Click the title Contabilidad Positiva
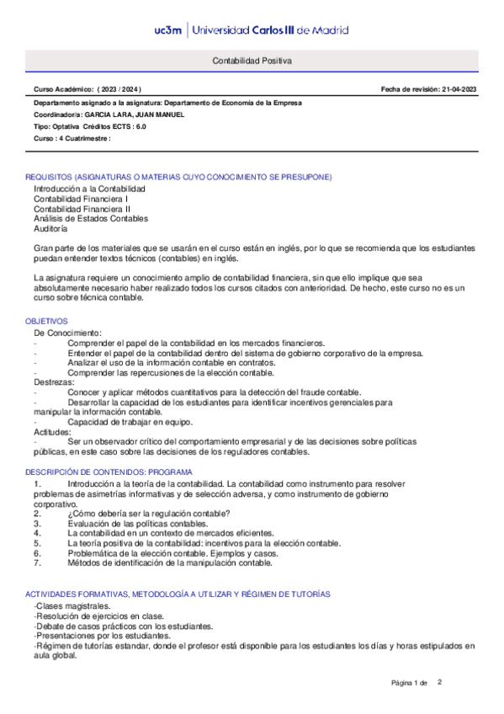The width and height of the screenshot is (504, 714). point(252,61)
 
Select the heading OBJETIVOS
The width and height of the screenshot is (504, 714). point(46,321)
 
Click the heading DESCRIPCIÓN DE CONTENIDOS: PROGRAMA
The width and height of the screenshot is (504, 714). point(109,472)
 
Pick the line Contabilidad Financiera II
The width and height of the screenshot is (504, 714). point(82,209)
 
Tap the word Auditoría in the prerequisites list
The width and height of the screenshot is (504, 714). point(51,228)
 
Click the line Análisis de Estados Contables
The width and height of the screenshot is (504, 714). point(91,218)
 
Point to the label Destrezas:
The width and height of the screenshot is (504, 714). point(54,383)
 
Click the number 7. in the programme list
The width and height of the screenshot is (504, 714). point(37,562)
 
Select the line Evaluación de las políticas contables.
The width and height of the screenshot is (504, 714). point(137,523)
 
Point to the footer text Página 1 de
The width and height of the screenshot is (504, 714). point(410,682)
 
